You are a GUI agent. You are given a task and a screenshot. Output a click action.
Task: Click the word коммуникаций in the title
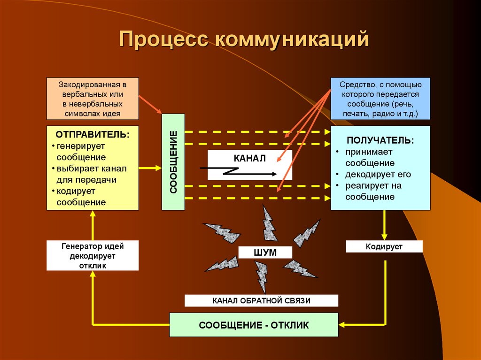point(291,39)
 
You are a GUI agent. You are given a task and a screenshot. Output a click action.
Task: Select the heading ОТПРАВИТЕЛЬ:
point(93,134)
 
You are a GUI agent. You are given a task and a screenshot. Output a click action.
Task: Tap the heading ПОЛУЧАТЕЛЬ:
point(380,140)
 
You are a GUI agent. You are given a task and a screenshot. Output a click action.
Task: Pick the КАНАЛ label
point(250,158)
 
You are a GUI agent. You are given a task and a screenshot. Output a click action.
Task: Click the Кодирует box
point(384,246)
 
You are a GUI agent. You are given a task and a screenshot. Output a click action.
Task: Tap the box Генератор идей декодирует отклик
point(93,255)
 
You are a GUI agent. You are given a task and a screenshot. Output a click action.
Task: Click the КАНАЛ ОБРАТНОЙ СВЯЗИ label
point(261,300)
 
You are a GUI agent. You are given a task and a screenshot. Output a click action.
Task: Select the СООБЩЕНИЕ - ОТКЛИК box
point(254,325)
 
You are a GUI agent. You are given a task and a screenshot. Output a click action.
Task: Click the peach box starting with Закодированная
point(93,99)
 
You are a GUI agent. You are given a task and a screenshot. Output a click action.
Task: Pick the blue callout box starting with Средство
point(380,99)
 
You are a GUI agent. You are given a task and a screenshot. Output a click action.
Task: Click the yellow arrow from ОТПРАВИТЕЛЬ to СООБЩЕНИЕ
point(150,167)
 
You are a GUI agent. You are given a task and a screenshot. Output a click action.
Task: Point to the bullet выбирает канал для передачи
point(92,174)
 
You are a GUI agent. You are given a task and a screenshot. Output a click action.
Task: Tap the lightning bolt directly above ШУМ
point(268,223)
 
